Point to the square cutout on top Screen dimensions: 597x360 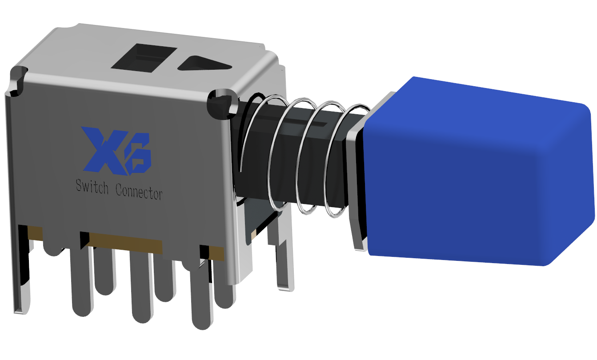pos(144,58)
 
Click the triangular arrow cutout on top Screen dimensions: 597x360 pos(204,64)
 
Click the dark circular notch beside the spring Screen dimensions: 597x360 pos(222,104)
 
